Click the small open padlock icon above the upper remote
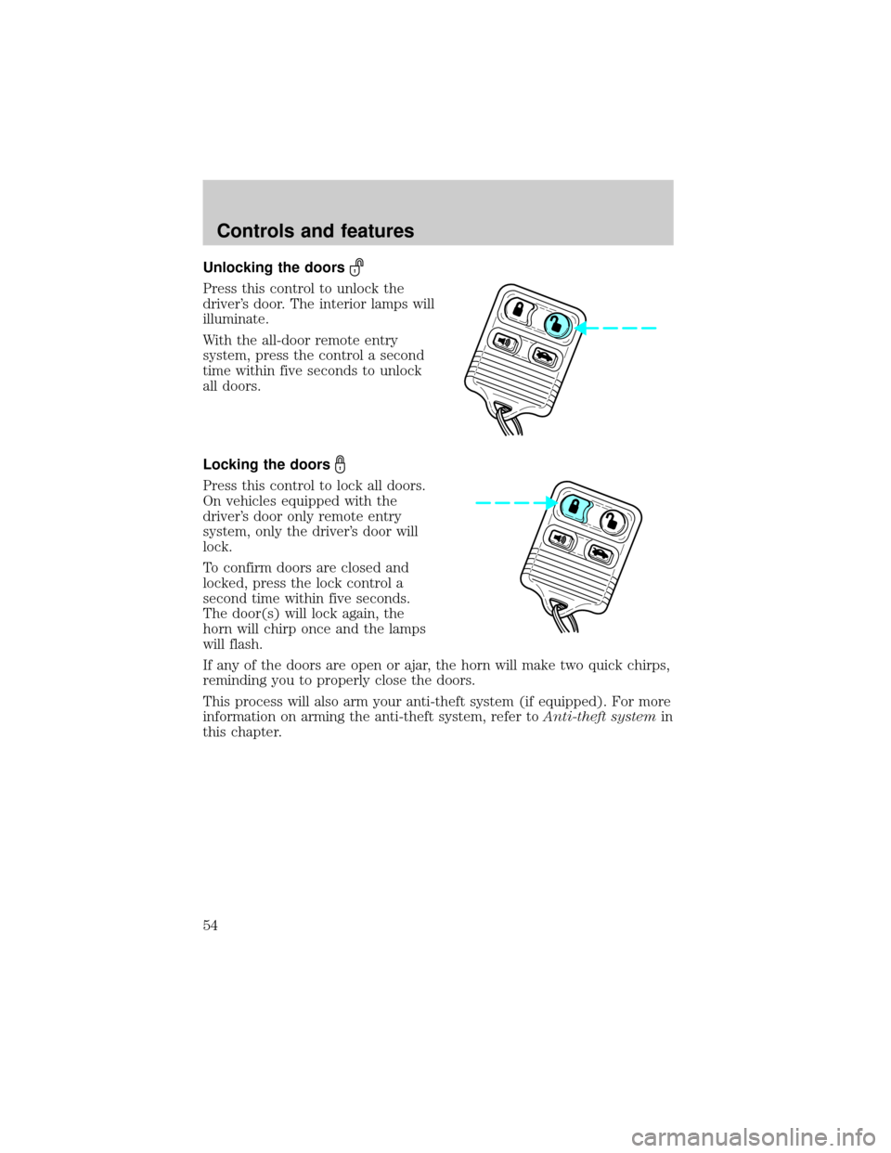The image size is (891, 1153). (x=354, y=270)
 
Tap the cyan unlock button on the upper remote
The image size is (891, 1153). (x=553, y=324)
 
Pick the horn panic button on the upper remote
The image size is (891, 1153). (x=507, y=344)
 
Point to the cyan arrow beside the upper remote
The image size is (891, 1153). (x=622, y=328)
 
